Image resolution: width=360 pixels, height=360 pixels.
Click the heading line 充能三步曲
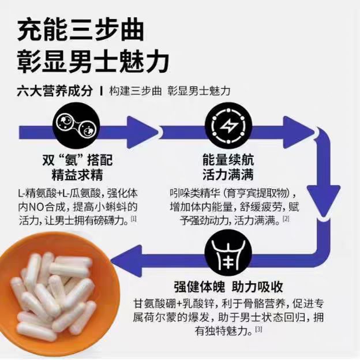[x=81, y=29]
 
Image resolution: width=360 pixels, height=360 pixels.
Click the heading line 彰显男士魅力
[x=92, y=61]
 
